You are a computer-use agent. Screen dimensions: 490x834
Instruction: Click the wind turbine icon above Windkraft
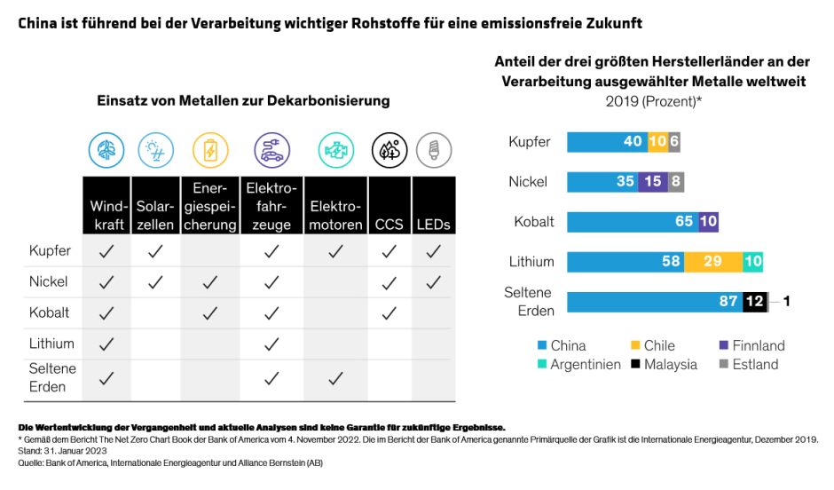106,150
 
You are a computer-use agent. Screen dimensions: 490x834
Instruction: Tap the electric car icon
271,150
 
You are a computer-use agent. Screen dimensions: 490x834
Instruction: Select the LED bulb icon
434,150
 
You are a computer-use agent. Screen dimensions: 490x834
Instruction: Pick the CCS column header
389,225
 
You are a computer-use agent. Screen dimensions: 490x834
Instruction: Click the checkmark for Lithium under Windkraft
106,344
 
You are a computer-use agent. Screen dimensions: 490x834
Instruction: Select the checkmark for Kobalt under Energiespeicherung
210,312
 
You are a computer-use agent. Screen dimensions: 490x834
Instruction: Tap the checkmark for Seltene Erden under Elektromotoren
335,378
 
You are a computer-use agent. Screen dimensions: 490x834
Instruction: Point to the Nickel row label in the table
50,281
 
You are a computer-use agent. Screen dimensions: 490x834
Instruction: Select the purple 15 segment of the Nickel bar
652,181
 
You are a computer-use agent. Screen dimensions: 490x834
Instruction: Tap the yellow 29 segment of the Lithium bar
712,261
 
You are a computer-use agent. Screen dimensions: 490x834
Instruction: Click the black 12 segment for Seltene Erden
754,301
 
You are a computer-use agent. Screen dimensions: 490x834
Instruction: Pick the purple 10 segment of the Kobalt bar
708,221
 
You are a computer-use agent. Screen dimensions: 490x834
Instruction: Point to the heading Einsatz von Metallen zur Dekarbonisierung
243,101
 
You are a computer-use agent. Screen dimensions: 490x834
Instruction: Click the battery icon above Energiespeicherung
210,150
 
